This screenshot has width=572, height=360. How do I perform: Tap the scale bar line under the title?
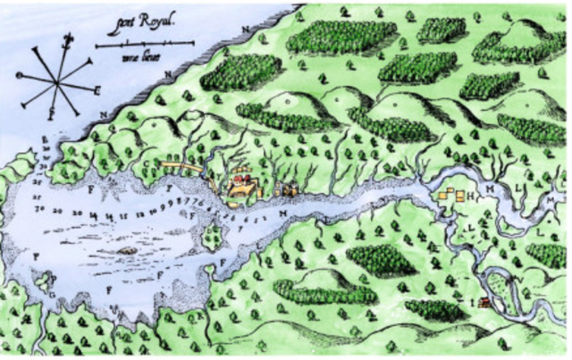pos(144,43)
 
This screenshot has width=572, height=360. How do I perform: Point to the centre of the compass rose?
pos(57,81)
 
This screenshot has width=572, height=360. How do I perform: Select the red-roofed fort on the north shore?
pos(239,182)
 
